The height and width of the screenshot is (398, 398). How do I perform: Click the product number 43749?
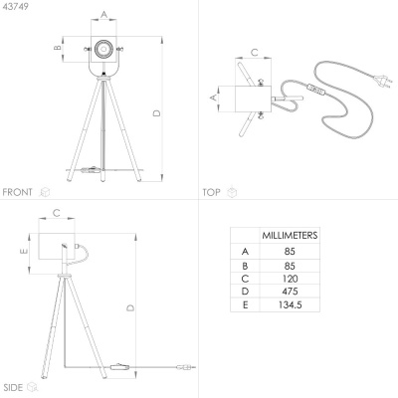(x=15, y=7)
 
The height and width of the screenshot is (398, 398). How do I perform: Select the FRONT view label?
(x=17, y=192)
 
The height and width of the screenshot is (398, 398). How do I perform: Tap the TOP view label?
(x=211, y=192)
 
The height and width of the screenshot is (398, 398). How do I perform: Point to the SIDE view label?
(x=13, y=387)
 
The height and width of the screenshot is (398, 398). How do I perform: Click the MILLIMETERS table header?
(x=290, y=236)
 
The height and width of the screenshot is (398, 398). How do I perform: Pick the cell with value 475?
(x=290, y=292)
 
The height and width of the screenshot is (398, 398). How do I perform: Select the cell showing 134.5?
(x=290, y=304)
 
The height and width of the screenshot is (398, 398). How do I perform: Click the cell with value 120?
(x=290, y=279)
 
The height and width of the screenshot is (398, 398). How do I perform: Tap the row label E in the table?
(x=245, y=304)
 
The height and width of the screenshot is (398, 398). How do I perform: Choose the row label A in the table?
(x=245, y=252)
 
